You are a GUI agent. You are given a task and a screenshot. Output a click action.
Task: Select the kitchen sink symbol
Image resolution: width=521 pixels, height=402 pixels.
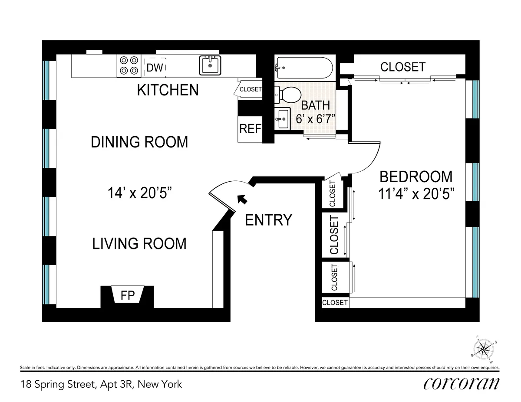211,65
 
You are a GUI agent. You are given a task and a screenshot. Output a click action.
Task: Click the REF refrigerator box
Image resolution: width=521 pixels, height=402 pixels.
251,129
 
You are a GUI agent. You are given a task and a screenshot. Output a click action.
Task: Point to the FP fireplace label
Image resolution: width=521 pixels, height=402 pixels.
128,296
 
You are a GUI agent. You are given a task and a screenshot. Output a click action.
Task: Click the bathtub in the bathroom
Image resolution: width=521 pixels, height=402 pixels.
304,68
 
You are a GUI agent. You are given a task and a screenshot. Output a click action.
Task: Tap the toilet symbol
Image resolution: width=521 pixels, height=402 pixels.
288,94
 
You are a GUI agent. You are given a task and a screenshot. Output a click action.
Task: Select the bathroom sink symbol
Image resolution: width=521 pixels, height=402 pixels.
283,117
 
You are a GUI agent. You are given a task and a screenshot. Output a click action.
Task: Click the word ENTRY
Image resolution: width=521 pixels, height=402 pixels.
268,220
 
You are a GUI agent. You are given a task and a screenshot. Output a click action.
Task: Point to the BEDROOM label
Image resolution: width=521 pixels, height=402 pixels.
415,177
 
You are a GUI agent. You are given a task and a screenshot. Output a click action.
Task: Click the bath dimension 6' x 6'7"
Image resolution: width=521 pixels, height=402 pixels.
315,118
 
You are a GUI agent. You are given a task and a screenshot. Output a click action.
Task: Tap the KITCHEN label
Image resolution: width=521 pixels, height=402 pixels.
168,90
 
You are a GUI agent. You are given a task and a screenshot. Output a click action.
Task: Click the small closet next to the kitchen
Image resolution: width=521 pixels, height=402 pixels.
249,89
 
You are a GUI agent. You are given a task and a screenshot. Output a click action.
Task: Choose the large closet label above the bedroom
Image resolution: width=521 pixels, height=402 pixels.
402,67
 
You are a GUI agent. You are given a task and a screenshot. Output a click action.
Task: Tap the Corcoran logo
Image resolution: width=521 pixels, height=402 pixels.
461,383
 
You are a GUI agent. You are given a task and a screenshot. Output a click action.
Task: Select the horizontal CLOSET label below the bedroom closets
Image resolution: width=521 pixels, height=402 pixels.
335,303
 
